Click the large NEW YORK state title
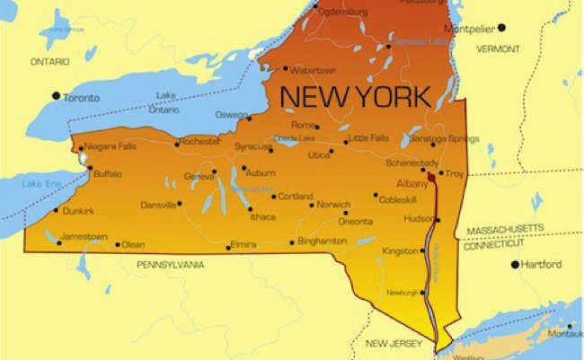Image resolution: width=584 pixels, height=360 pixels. click(355, 94)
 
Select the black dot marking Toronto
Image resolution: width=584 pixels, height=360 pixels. click(57, 95)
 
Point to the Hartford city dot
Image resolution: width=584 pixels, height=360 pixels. click(516, 264)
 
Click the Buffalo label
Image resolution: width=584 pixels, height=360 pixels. click(107, 173)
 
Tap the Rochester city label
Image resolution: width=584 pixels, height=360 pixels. click(199, 141)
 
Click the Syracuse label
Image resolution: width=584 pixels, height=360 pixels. click(253, 146)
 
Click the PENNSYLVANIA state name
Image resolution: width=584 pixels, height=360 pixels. click(170, 265)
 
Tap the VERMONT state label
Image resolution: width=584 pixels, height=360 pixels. click(498, 48)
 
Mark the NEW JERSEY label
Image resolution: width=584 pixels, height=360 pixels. click(389, 343)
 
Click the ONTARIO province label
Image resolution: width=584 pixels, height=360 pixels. click(50, 62)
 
